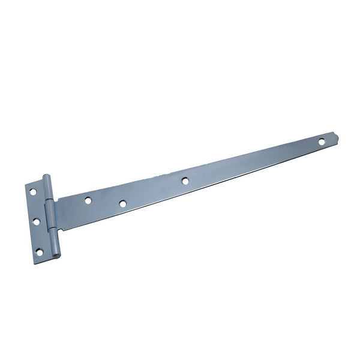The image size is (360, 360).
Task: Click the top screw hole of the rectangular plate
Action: click(34, 191)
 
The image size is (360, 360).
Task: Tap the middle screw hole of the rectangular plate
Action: click(36, 221)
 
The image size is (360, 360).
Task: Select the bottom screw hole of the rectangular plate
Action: click(39, 252)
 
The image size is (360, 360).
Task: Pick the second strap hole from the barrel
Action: click(122, 204)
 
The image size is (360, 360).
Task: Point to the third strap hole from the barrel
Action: click(185, 180)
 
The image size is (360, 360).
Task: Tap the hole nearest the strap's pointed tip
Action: click(321, 142)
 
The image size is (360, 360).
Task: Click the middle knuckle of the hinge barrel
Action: click(51, 216)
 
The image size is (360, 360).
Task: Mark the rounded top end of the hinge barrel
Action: click(46, 176)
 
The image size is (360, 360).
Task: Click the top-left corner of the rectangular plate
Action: click(26, 185)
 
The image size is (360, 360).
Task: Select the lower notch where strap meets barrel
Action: click(60, 230)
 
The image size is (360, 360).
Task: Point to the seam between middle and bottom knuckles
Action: click(54, 231)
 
